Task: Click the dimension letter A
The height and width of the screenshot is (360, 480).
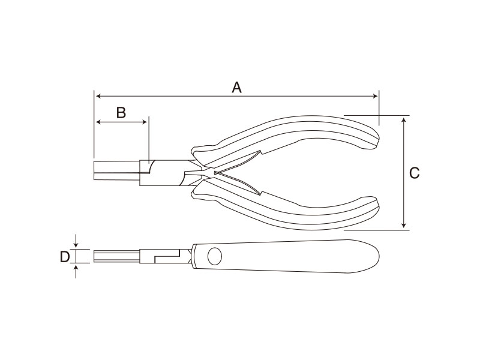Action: pyautogui.click(x=236, y=88)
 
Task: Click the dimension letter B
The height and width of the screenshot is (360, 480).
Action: pyautogui.click(x=121, y=113)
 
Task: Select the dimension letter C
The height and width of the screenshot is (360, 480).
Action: pyautogui.click(x=414, y=173)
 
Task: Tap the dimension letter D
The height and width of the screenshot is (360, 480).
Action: pyautogui.click(x=65, y=257)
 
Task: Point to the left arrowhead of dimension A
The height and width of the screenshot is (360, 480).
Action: pyautogui.click(x=98, y=96)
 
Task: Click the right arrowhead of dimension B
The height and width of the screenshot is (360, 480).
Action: pyautogui.click(x=144, y=122)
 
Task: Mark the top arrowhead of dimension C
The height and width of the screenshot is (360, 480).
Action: pyautogui.click(x=404, y=121)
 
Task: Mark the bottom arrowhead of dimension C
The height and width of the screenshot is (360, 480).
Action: pyautogui.click(x=404, y=224)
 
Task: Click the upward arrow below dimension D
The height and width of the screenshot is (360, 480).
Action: pyautogui.click(x=76, y=272)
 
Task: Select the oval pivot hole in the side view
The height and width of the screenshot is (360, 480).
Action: pyautogui.click(x=215, y=256)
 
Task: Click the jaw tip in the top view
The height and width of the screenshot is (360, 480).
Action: pyautogui.click(x=94, y=170)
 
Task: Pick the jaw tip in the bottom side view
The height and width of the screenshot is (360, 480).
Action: pyautogui.click(x=94, y=256)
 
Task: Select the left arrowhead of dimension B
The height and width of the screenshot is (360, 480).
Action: pyautogui.click(x=99, y=122)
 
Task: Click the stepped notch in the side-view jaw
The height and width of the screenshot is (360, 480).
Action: pyautogui.click(x=167, y=256)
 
